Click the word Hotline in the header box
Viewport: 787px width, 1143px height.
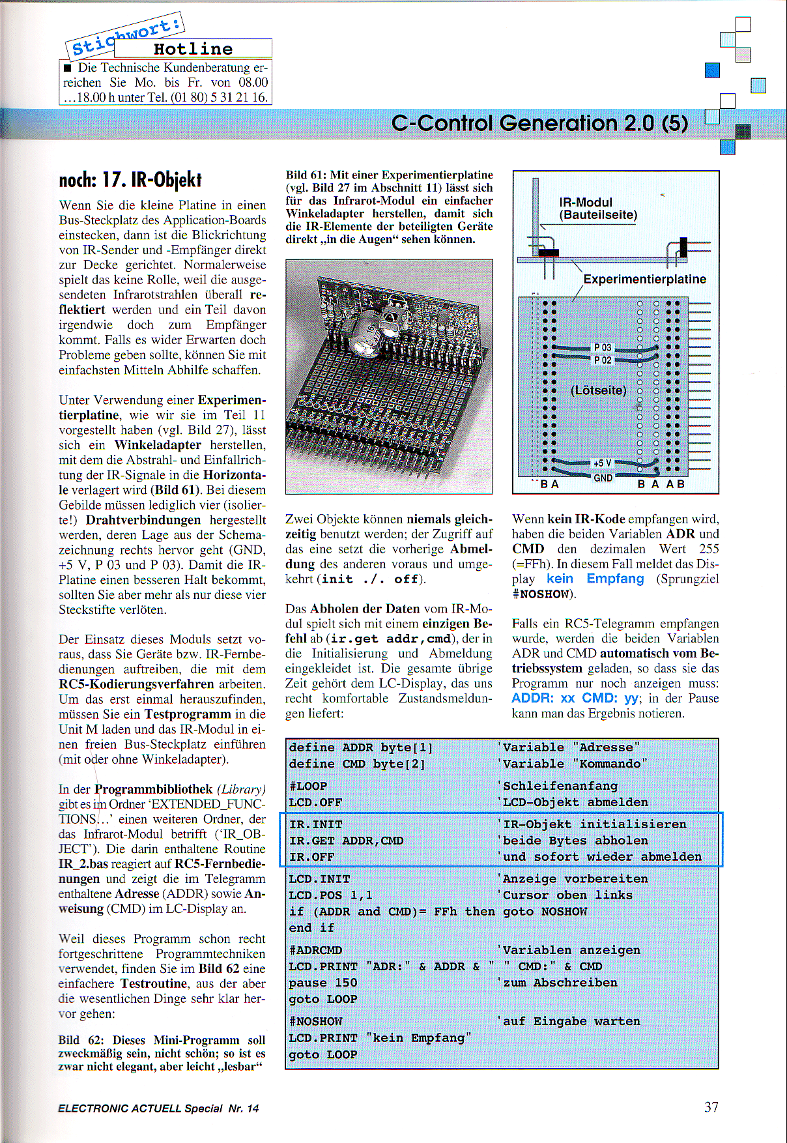click(193, 49)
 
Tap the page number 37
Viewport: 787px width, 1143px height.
click(711, 1107)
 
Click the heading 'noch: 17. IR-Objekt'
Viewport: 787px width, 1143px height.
click(130, 180)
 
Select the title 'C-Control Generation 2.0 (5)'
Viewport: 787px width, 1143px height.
click(539, 123)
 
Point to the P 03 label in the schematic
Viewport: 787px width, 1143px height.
click(603, 347)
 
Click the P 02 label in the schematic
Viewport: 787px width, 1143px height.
click(603, 360)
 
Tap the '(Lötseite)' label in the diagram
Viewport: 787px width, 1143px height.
click(598, 390)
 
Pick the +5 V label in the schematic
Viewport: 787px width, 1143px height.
click(602, 463)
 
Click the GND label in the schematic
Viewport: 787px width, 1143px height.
click(603, 478)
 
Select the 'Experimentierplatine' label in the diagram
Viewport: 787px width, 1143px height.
click(644, 280)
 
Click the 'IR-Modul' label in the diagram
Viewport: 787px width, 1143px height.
click(586, 203)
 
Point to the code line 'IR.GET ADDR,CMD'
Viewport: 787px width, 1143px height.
click(346, 841)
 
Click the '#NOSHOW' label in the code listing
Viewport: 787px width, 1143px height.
click(315, 1021)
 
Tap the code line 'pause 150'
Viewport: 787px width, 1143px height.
click(323, 983)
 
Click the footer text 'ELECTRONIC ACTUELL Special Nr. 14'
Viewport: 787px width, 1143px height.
click(158, 1108)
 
